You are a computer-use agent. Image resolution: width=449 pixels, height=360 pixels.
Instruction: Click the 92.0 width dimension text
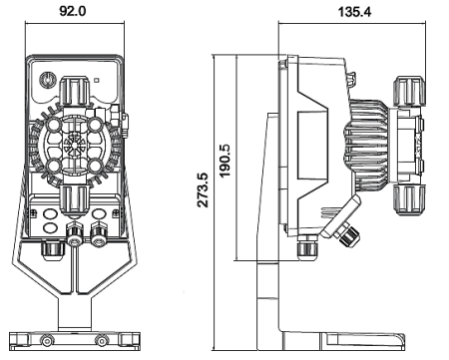click(76, 12)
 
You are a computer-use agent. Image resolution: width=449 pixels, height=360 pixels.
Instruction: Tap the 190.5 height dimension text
click(226, 160)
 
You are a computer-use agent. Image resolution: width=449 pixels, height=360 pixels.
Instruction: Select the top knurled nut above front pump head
click(76, 92)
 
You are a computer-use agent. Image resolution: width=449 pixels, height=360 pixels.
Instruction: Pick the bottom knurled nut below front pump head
click(76, 198)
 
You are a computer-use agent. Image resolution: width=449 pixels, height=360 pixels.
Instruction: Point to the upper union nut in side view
click(407, 90)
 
